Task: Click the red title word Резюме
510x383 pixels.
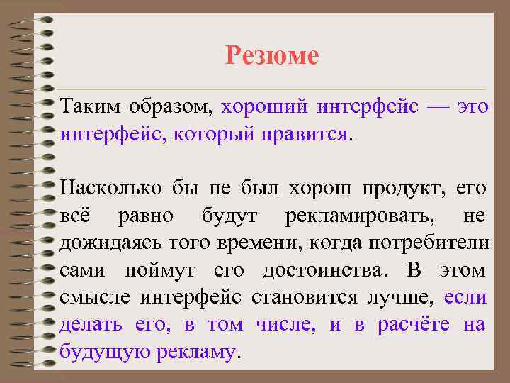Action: tap(273, 55)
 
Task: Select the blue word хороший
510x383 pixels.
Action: tap(264, 108)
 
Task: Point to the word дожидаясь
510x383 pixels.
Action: tap(108, 243)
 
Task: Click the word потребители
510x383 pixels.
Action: tap(431, 243)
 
